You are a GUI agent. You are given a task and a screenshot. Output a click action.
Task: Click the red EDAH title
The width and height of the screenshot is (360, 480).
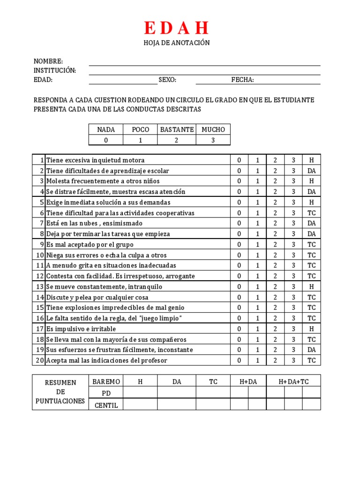(x=176, y=29)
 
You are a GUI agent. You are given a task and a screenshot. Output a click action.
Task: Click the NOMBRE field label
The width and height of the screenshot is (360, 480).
(x=48, y=61)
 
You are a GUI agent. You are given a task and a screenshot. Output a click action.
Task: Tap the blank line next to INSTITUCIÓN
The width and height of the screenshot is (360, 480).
(x=204, y=71)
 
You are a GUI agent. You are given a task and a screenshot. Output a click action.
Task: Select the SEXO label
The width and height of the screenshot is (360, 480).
(x=167, y=80)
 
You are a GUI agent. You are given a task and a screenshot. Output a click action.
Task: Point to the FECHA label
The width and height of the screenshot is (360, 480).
(x=242, y=80)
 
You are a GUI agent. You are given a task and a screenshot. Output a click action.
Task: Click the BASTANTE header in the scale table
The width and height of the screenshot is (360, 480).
(x=177, y=129)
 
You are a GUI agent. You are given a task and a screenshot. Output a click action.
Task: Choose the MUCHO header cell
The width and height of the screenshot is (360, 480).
(x=213, y=129)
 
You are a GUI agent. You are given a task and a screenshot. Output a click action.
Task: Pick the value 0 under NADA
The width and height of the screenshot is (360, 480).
(x=106, y=140)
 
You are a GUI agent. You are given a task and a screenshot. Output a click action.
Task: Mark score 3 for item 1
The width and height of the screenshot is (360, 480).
(x=293, y=160)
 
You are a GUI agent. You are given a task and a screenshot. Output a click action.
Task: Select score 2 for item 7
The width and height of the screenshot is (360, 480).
(x=275, y=224)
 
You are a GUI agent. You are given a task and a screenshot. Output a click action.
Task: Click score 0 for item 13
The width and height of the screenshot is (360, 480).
(x=239, y=287)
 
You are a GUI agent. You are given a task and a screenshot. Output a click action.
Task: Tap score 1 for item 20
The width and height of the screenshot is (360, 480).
(x=257, y=360)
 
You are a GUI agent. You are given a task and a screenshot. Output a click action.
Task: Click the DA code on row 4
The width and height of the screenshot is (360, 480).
(x=312, y=192)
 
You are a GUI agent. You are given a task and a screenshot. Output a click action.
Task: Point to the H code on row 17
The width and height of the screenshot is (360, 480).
(x=312, y=329)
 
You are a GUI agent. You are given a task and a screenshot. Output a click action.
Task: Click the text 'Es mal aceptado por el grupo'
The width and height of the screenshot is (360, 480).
(x=90, y=245)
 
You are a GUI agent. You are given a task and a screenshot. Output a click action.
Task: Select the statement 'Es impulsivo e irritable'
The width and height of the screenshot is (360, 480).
(x=81, y=329)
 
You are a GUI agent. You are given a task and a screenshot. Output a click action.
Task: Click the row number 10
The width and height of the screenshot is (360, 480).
(x=40, y=255)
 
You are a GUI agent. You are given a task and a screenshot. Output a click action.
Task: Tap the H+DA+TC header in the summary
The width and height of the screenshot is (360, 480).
(x=293, y=382)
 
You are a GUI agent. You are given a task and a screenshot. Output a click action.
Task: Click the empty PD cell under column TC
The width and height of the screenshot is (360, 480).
(x=213, y=392)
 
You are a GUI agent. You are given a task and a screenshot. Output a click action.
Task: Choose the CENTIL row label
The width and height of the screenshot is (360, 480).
(x=106, y=405)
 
